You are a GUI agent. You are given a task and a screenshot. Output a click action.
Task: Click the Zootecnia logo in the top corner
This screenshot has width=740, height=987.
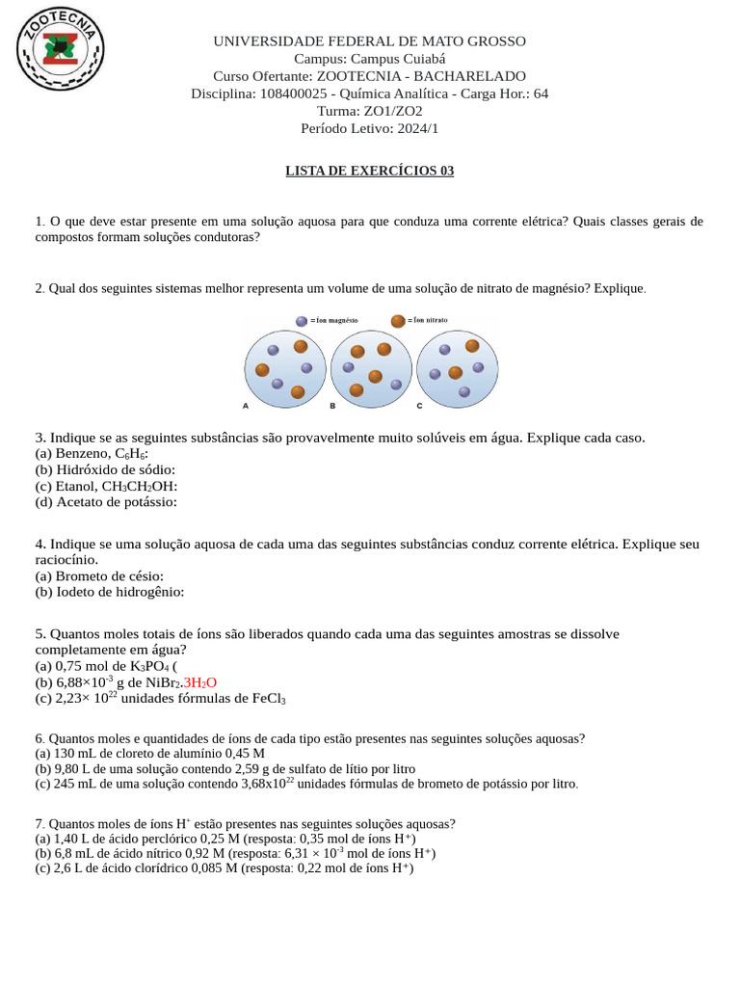tap(61, 48)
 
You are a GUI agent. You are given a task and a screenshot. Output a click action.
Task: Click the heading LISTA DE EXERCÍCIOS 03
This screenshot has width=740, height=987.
tap(369, 172)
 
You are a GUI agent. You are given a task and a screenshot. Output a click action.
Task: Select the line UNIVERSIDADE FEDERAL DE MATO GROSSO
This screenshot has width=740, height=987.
tap(369, 41)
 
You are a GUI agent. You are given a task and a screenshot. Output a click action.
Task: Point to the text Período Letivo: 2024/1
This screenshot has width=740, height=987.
tap(369, 128)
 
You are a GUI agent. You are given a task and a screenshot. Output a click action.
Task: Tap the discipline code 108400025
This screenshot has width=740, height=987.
tap(294, 93)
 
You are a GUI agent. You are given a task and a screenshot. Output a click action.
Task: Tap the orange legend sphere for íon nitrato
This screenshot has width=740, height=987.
tap(397, 321)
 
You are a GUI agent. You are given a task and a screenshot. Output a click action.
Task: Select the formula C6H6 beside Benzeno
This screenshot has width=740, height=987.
tap(131, 454)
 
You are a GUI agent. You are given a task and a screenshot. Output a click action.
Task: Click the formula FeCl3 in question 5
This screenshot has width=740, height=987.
tap(268, 699)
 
